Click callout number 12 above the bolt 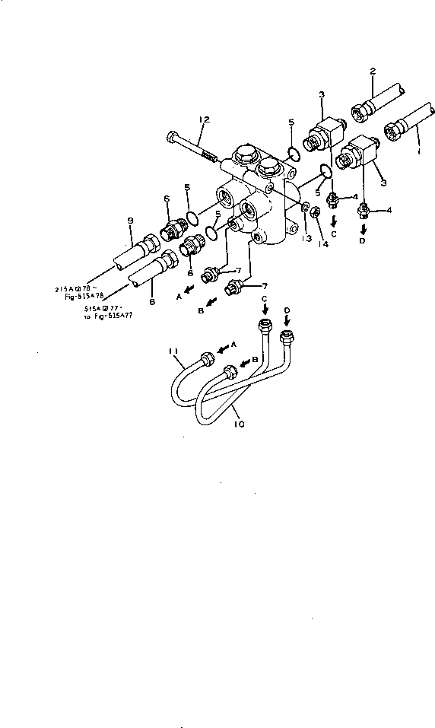click(203, 119)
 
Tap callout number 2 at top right click(373, 71)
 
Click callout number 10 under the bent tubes click(240, 423)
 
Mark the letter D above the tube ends click(287, 310)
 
